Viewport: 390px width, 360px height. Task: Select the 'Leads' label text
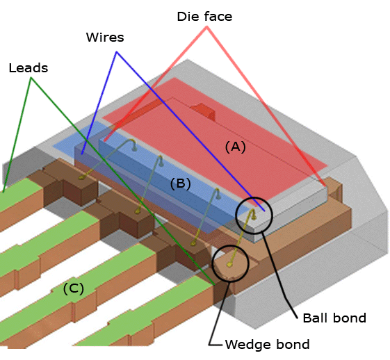(x=29, y=68)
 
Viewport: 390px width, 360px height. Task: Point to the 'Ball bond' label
(x=334, y=318)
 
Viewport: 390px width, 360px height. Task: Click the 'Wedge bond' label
(x=267, y=344)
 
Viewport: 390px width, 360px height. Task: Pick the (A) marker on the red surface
(x=235, y=147)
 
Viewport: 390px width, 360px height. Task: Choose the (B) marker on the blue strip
(x=180, y=184)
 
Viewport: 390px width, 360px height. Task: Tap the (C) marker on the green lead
(x=73, y=288)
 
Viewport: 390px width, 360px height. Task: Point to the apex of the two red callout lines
(x=207, y=33)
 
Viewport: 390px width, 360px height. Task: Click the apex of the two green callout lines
(x=31, y=78)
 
